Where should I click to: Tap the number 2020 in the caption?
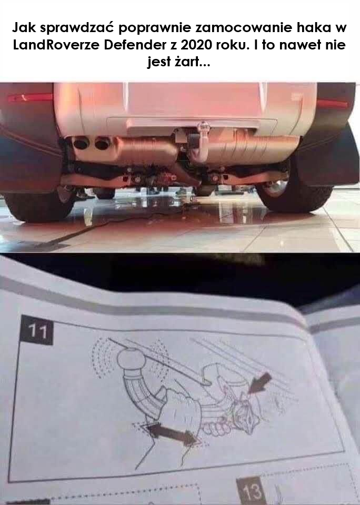(x=196, y=45)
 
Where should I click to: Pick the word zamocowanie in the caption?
(x=244, y=28)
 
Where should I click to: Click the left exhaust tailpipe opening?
(x=81, y=143)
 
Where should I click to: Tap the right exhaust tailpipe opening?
(x=103, y=143)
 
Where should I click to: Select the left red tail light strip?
(x=30, y=97)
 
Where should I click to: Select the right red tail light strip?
(x=332, y=103)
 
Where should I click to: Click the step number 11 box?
(x=37, y=330)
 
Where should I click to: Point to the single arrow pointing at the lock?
(x=259, y=383)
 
